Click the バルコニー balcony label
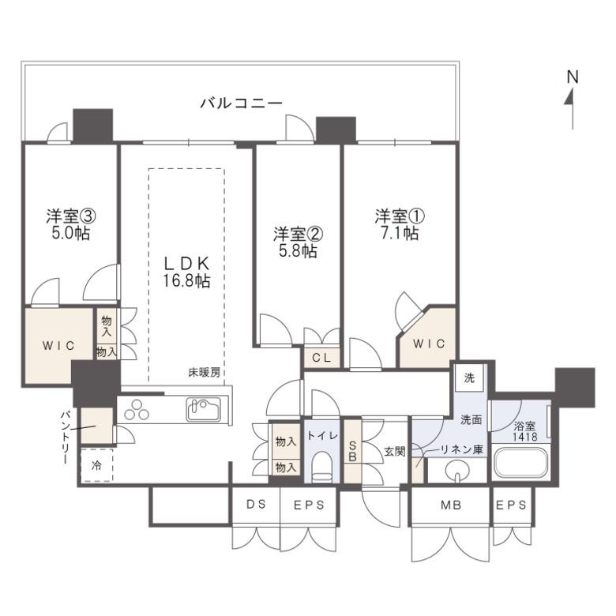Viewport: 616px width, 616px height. coord(241,103)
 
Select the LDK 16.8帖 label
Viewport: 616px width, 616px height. coord(186,272)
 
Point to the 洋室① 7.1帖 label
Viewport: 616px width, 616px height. coord(399,224)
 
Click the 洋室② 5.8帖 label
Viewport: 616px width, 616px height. coord(299,242)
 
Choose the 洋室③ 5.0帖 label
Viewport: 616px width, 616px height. coord(71,224)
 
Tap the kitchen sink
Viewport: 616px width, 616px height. coord(204,409)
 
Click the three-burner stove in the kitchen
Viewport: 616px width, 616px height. coord(137,409)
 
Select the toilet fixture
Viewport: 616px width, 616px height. coord(322,467)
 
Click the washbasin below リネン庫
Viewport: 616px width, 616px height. coord(457,469)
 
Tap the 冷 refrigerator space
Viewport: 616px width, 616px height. coord(96,465)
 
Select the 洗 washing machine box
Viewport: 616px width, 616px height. coord(469,377)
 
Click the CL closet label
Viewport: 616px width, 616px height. coord(321,358)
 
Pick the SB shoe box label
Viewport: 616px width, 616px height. coord(352,451)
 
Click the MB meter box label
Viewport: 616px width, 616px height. coord(451,505)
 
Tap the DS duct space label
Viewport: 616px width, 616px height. coord(257,505)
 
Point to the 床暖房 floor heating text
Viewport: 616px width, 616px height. coord(205,373)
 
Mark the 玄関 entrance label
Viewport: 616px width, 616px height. coord(394,452)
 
